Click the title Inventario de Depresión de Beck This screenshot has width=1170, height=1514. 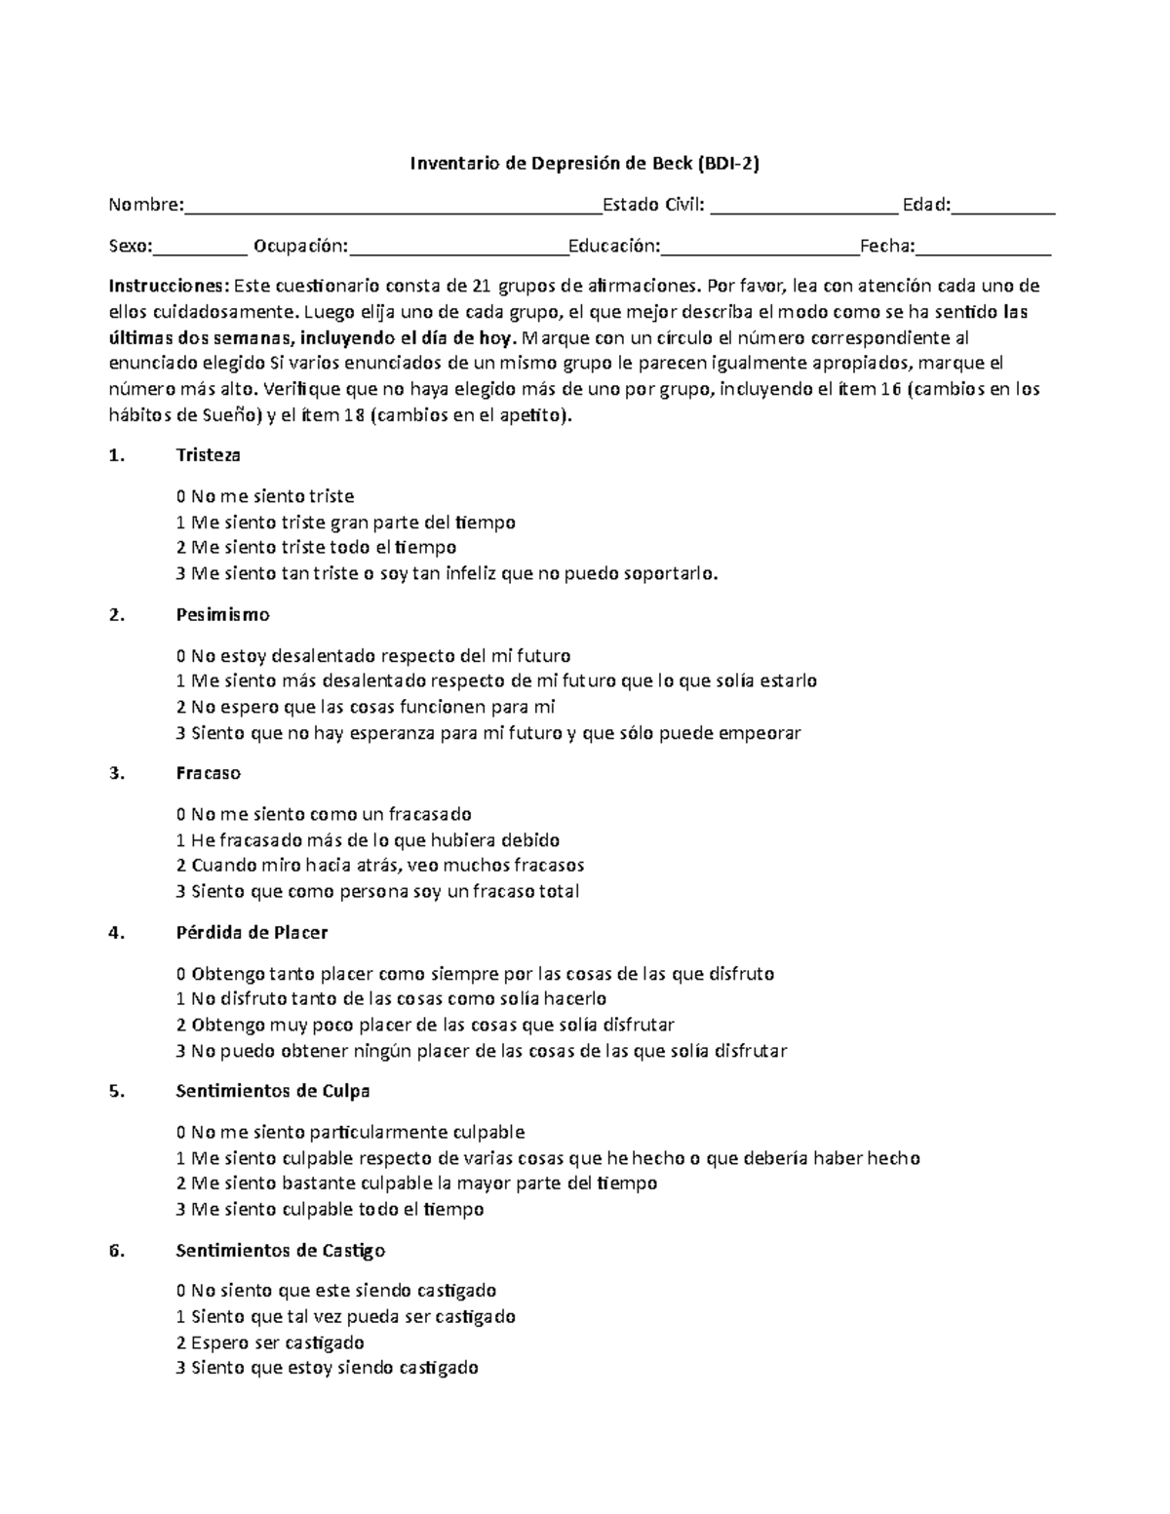click(x=583, y=164)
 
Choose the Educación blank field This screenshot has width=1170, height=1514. click(x=760, y=251)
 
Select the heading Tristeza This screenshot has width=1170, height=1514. click(x=208, y=455)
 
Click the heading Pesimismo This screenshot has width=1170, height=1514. click(x=222, y=615)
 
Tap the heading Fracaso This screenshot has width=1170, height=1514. click(x=208, y=773)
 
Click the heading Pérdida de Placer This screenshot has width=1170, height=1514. click(x=252, y=933)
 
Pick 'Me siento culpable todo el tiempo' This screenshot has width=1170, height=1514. click(x=330, y=1210)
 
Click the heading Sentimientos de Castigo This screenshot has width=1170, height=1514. click(x=281, y=1251)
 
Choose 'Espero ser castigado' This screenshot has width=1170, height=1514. click(x=270, y=1342)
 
